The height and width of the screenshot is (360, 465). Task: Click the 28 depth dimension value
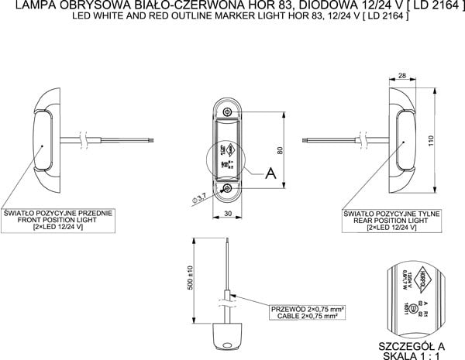(404, 75)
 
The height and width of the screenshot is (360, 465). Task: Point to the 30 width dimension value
(228, 213)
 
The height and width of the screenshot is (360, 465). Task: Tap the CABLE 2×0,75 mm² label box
(307, 312)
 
